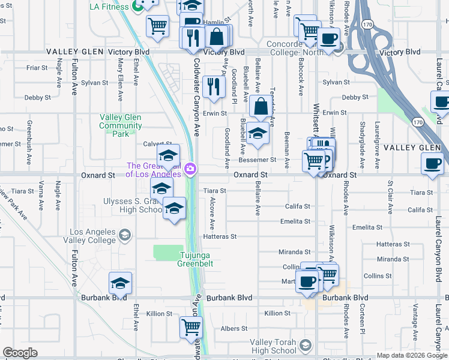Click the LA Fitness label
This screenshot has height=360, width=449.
point(109,7)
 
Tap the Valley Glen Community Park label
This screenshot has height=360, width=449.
point(121,125)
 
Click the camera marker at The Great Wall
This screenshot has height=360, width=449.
point(190,169)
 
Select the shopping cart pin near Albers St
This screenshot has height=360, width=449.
point(191,328)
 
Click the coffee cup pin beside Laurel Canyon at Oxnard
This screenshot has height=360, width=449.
point(432,163)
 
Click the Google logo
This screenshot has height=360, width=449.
point(20,353)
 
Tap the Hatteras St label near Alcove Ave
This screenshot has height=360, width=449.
point(220,237)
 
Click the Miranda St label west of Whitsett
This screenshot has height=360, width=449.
point(295,252)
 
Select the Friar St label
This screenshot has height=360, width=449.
point(37,68)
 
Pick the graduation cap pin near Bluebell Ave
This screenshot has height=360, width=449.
point(257,134)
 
